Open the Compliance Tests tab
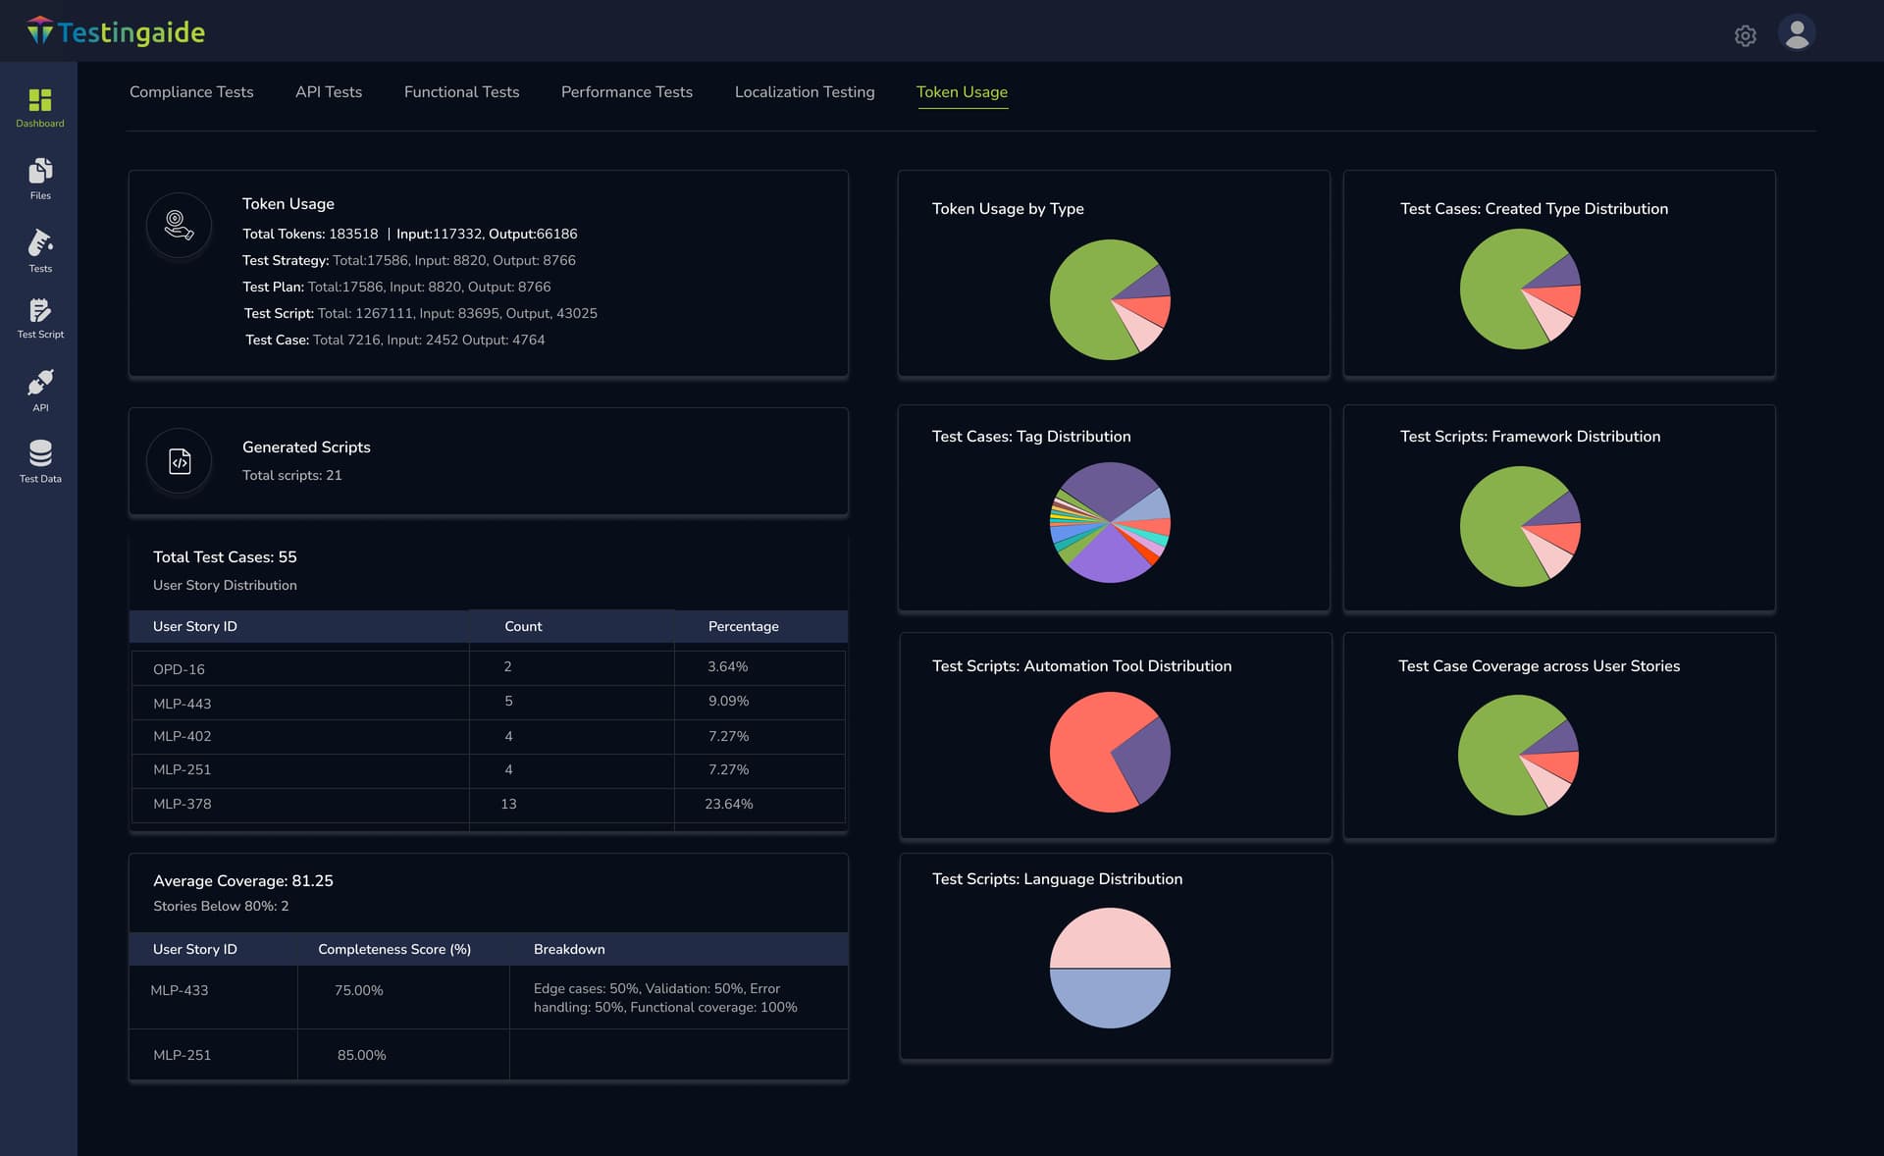pos(191,92)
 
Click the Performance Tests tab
pos(626,92)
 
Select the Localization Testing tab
pos(804,92)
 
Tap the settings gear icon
pos(1745,36)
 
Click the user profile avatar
pos(1796,34)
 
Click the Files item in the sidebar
pos(40,179)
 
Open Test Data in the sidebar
pos(40,461)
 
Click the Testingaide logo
pos(116,32)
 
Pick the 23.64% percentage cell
pos(728,804)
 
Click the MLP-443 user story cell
pos(183,704)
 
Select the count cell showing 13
pos(508,804)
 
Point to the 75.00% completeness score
pos(358,991)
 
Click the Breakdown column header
pos(569,949)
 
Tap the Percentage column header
pos(743,626)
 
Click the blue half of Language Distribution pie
pos(1110,999)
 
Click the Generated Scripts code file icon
pos(180,461)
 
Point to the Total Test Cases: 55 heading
pos(225,556)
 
